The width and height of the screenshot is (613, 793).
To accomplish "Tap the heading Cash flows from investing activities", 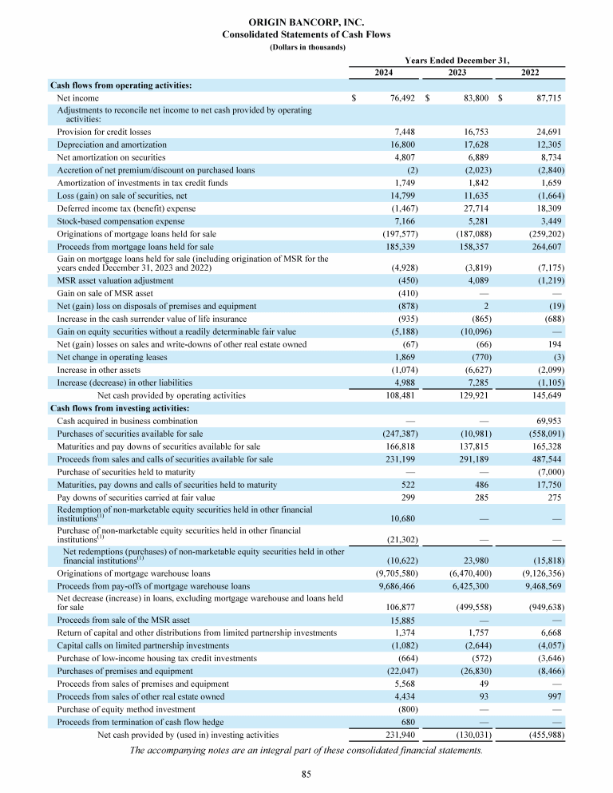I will click(119, 408).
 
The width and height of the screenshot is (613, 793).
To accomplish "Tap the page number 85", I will click(306, 774).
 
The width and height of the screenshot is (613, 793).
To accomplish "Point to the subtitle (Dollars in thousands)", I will click(306, 46).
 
